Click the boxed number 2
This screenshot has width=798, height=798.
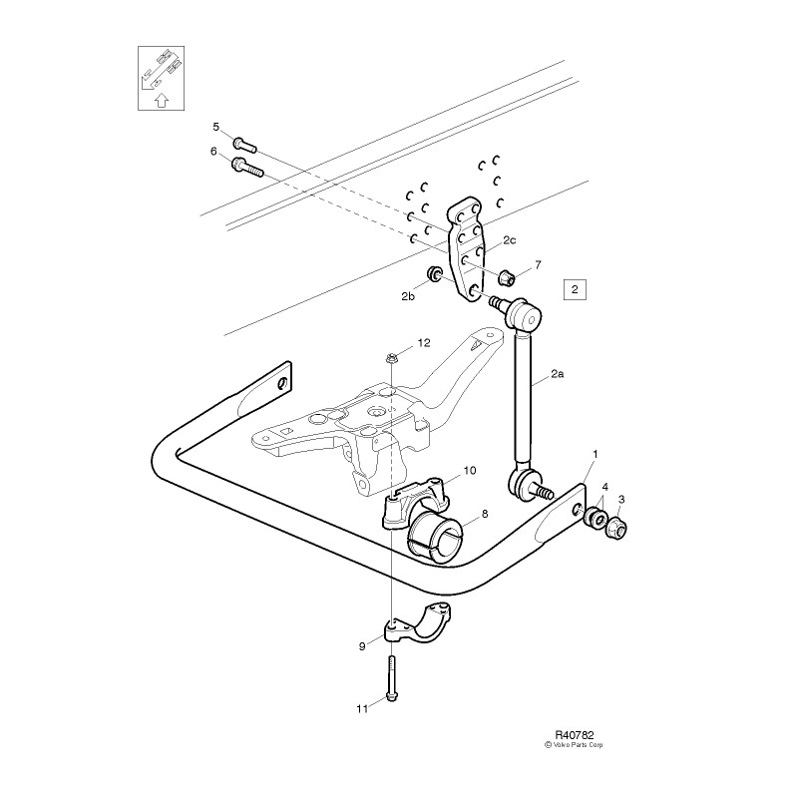576,290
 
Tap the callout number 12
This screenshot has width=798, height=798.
423,342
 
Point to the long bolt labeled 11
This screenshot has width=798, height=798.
391,678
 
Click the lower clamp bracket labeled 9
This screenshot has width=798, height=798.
419,627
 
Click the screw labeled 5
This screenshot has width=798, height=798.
243,144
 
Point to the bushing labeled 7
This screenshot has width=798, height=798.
505,274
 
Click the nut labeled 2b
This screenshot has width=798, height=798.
435,274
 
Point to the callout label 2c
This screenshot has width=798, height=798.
509,239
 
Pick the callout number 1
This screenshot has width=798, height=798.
596,454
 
